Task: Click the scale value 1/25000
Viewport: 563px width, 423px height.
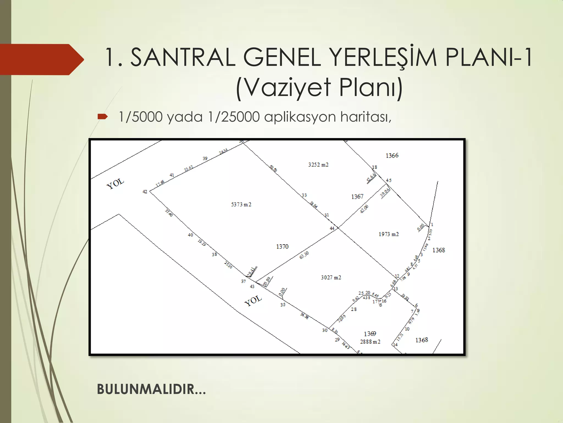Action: coord(234,117)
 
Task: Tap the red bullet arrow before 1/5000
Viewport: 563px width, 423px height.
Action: coord(102,117)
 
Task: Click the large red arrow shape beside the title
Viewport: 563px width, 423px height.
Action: coord(41,59)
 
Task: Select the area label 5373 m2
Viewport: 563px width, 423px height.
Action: coord(241,204)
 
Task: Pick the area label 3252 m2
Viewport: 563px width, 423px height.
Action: coord(318,165)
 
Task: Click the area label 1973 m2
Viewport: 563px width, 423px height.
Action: coord(388,234)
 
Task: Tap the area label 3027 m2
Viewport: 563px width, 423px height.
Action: coord(331,278)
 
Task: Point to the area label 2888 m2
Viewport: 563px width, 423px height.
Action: coord(370,342)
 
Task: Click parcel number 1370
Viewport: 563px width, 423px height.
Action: coord(282,246)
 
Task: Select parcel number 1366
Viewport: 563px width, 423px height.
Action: coord(392,156)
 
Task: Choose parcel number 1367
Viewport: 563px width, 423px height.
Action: coord(357,197)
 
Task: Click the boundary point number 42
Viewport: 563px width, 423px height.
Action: coord(145,192)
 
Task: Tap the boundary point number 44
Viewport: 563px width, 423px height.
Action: coord(332,228)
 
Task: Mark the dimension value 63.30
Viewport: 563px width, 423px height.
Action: coord(304,255)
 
